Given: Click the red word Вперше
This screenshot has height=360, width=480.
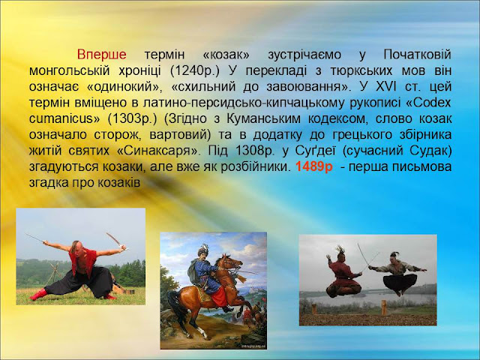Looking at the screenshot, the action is click(x=102, y=55).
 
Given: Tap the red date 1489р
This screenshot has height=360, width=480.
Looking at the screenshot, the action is click(x=314, y=166).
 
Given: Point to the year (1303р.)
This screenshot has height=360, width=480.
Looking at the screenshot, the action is click(x=132, y=118).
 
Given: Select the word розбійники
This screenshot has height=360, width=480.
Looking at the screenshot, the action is click(x=256, y=166).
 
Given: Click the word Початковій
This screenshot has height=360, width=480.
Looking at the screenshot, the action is click(x=417, y=55).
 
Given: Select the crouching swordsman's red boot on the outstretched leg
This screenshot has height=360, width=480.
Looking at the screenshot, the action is click(x=38, y=295).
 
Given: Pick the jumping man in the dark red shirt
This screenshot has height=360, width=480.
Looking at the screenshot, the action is click(x=343, y=272).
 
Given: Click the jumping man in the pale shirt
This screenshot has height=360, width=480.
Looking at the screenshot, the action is click(x=398, y=273).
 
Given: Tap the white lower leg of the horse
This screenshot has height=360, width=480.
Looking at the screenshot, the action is click(x=202, y=331).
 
